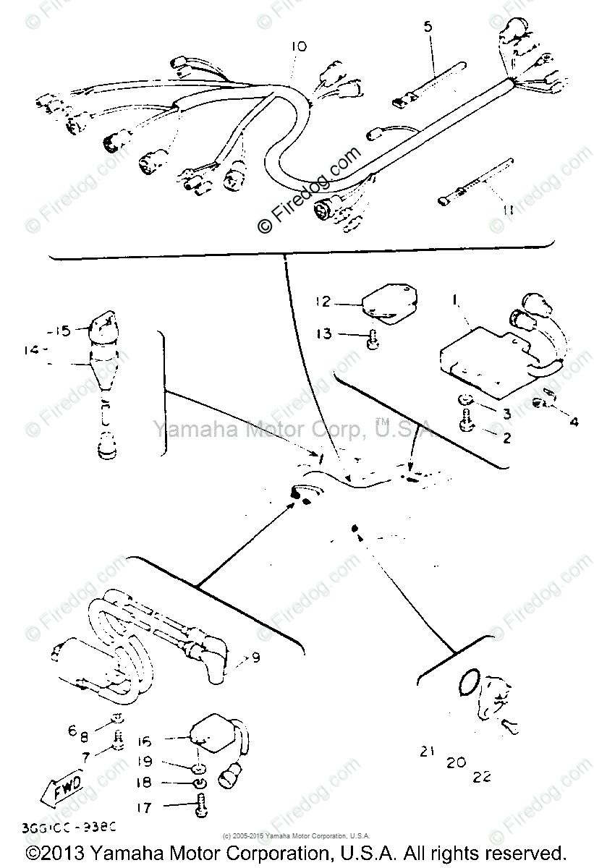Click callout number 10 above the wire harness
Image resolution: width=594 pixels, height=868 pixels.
pos(299,47)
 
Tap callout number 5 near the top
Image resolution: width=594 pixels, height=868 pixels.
pos(427,27)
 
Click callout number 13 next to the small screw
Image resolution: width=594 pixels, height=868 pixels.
pos(323,333)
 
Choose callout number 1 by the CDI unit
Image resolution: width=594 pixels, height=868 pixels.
pos(455,297)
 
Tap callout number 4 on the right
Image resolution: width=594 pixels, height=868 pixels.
pos(573,420)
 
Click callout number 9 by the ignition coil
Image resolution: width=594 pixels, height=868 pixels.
pos(255,658)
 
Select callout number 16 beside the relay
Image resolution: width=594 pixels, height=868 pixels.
pos(145,741)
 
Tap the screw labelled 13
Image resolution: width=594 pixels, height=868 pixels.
pos(372,339)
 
